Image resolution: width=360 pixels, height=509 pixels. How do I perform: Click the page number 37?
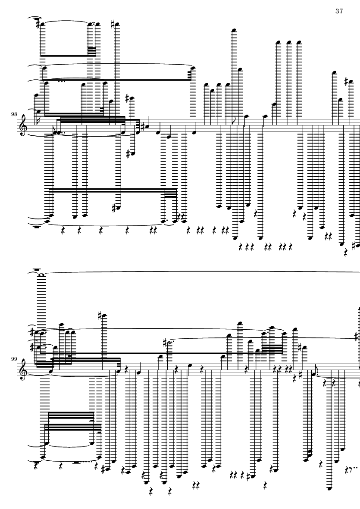[x=339, y=11]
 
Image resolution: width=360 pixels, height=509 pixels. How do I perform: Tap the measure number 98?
[x=14, y=114]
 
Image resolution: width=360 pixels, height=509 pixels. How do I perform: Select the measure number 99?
[x=14, y=359]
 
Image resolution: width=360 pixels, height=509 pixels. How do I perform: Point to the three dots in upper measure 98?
[x=62, y=81]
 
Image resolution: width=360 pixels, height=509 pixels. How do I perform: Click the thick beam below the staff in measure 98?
[x=113, y=190]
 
